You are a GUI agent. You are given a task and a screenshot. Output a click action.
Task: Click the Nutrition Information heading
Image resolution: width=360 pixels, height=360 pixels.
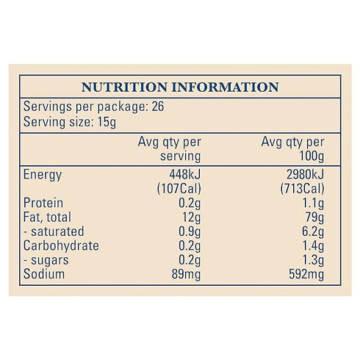click(180, 87)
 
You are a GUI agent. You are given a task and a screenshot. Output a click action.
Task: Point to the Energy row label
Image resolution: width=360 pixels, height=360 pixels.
click(43, 175)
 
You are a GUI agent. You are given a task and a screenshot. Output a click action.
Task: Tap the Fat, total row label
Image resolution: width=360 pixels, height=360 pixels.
click(51, 217)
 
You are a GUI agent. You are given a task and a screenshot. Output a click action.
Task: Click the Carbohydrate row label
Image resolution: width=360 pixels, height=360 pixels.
click(61, 245)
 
